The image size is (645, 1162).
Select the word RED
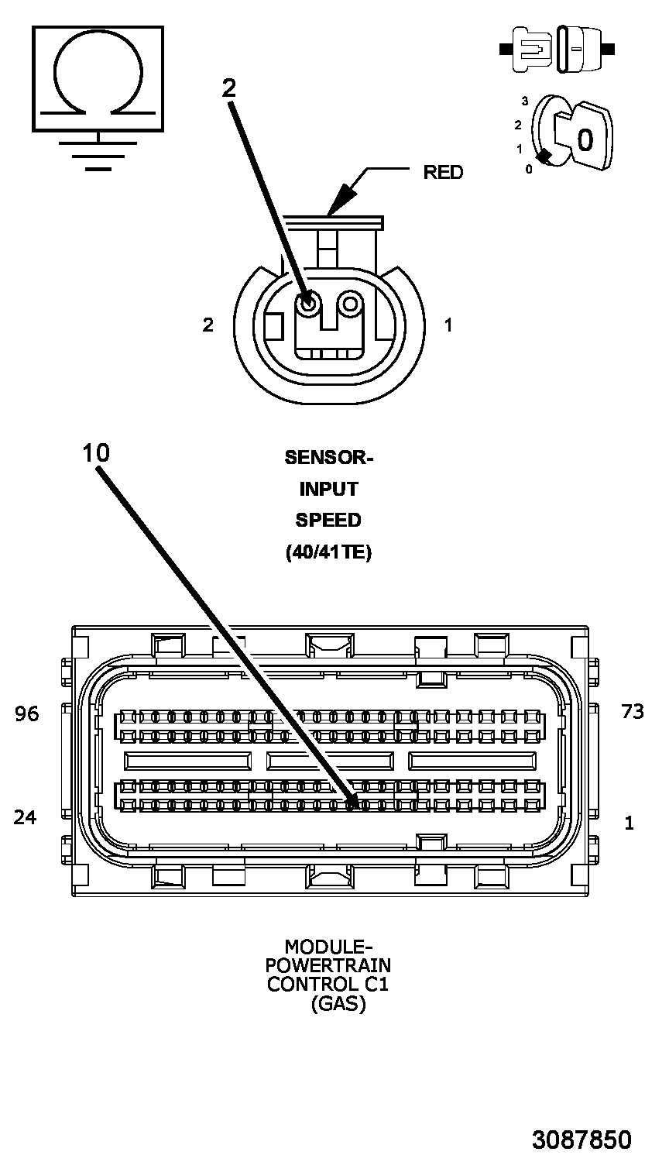(x=443, y=172)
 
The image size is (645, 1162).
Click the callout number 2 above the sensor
(x=229, y=88)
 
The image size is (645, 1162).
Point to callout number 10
(x=97, y=453)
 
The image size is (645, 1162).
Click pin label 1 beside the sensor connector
(x=448, y=325)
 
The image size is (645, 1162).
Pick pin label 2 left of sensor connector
(x=208, y=325)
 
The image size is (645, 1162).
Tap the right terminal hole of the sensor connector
(x=351, y=302)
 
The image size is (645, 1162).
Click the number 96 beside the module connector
(x=27, y=713)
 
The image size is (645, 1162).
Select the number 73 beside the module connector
(x=632, y=712)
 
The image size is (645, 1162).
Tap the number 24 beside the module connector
(x=26, y=816)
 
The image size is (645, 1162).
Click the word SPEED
(x=328, y=520)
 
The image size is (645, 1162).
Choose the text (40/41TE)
(x=328, y=552)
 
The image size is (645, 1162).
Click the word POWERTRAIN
(x=328, y=965)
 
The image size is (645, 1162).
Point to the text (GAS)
(x=338, y=1005)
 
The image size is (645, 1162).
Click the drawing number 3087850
(x=582, y=1140)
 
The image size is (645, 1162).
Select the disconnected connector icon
(x=558, y=49)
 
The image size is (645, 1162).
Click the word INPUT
(x=328, y=489)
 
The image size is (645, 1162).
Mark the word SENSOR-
(x=328, y=457)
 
